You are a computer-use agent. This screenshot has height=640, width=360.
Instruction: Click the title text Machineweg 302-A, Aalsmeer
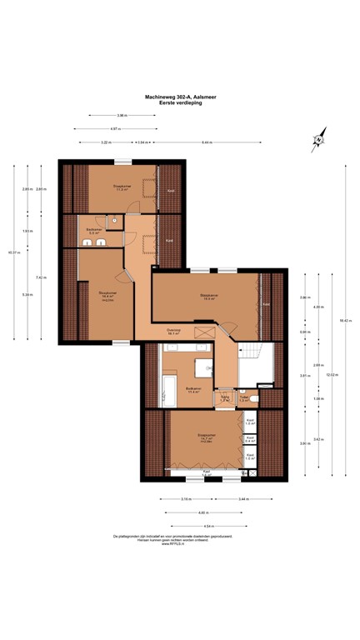click(180, 96)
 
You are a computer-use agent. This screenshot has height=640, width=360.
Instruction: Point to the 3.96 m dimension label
click(121, 115)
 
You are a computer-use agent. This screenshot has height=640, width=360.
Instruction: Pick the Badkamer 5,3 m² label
click(94, 231)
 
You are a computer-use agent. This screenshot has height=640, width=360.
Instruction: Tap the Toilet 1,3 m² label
click(245, 398)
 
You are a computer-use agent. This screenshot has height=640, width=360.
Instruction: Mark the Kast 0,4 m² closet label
click(250, 440)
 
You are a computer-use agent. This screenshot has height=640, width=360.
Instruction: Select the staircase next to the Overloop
click(250, 362)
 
